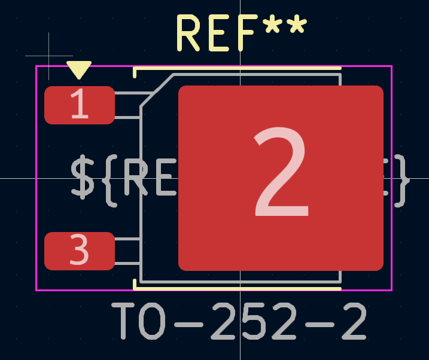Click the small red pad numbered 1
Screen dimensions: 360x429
coord(79,105)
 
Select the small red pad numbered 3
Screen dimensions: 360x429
coord(79,251)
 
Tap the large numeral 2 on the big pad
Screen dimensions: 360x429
coord(282,175)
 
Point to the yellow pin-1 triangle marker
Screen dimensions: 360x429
coord(78,69)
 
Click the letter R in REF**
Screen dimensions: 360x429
coord(188,33)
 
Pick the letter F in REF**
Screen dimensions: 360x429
coord(245,33)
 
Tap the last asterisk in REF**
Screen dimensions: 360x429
coord(294,27)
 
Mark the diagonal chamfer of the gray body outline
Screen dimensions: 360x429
coord(157,90)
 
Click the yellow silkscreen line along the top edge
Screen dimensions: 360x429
coord(239,69)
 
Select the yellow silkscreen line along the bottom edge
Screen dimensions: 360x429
coord(239,288)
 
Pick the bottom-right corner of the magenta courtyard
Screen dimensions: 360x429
coord(391,290)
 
